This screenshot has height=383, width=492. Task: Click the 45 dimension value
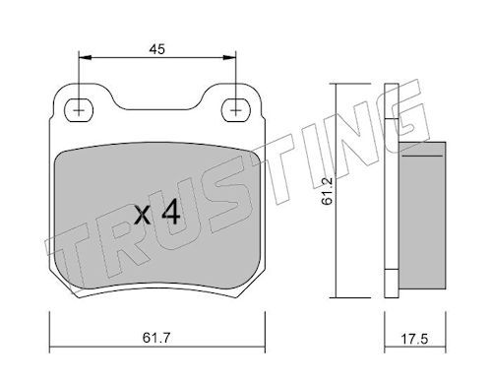[x=156, y=49]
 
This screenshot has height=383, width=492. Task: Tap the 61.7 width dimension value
[x=156, y=338]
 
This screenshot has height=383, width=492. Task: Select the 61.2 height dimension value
[x=327, y=191]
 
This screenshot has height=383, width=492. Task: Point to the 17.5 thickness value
[x=414, y=339]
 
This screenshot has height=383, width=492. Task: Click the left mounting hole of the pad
[x=79, y=110]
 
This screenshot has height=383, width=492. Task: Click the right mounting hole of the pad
[x=236, y=110]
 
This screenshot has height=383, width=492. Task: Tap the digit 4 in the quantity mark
[x=171, y=213]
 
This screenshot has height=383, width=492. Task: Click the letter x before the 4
[x=143, y=216]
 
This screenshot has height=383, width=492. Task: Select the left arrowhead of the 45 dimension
[x=85, y=58]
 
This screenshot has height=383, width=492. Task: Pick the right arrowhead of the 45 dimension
[x=229, y=58]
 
